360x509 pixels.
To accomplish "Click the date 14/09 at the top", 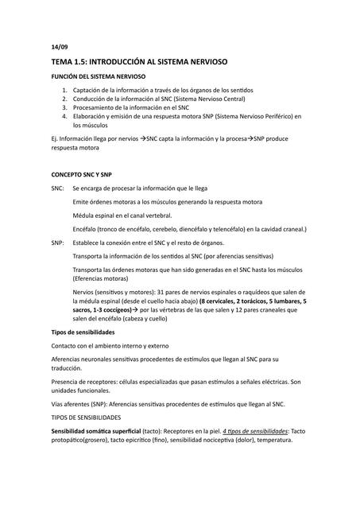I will pos(60,47).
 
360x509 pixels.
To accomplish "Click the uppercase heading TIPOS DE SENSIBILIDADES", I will pos(86,418).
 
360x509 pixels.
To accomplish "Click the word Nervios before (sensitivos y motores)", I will pos(86,293).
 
